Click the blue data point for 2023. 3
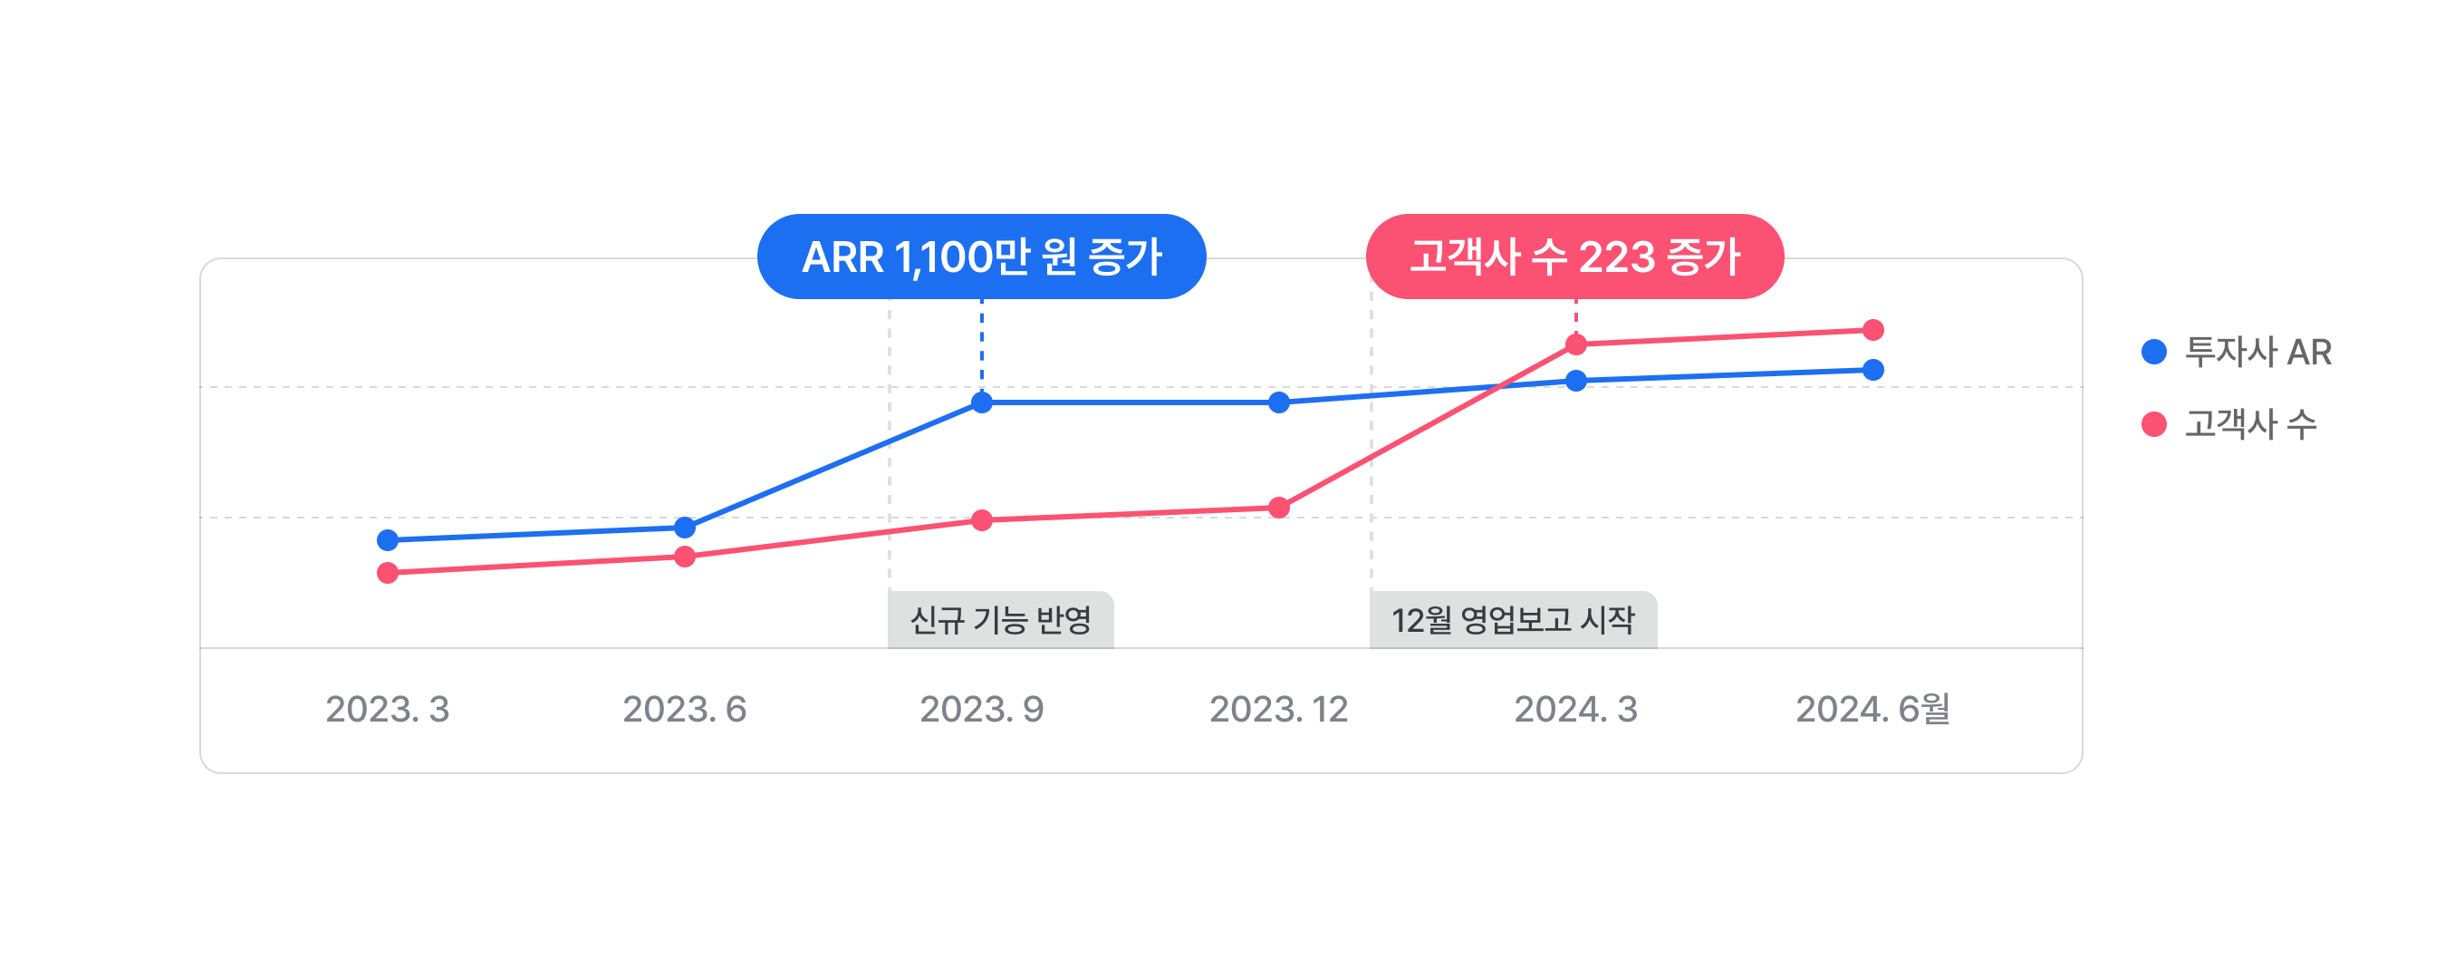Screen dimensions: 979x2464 [388, 540]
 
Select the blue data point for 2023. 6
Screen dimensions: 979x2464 [685, 528]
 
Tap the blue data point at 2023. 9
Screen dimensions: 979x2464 [981, 402]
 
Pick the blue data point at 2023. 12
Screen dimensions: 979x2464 [1279, 402]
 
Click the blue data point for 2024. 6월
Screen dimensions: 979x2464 [1872, 371]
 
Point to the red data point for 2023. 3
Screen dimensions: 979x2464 [388, 573]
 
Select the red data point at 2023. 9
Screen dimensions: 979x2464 [981, 520]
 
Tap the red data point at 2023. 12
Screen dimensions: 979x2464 [1279, 509]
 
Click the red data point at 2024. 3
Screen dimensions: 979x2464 [1576, 344]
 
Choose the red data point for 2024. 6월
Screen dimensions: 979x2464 [1872, 330]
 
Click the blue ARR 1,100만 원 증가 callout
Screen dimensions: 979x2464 [981, 257]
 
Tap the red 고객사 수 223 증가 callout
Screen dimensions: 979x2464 [1574, 257]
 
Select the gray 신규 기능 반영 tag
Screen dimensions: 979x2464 [1000, 620]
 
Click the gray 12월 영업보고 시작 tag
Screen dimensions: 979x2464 [1512, 620]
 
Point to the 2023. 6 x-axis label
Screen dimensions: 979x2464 [685, 709]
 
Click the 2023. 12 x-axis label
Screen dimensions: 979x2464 [1279, 709]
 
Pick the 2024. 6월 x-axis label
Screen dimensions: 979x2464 [1872, 709]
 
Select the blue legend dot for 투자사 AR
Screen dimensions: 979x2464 [2154, 353]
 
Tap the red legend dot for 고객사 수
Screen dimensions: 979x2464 [2154, 424]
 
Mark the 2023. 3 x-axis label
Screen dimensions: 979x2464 [388, 709]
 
